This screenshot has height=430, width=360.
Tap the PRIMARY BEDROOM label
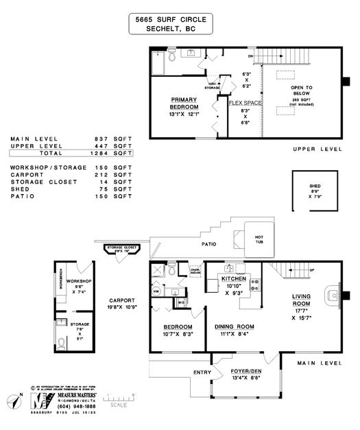(184, 103)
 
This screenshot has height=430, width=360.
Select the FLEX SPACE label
(244, 103)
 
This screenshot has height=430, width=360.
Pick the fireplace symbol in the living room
(333, 295)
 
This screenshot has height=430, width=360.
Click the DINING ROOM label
(235, 326)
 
